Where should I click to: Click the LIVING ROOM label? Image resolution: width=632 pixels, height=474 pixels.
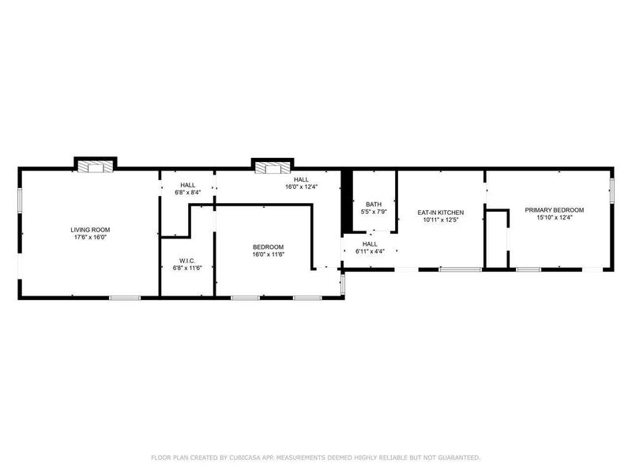click(x=89, y=229)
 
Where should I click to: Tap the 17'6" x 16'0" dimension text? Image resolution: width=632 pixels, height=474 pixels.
click(x=89, y=237)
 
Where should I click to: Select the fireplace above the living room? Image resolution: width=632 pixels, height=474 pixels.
click(x=96, y=167)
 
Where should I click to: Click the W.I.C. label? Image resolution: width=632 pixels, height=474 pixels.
click(x=187, y=261)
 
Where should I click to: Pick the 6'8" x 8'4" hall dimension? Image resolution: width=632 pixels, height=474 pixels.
click(x=187, y=192)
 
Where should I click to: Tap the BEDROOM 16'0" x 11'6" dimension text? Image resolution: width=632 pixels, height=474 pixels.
click(x=268, y=254)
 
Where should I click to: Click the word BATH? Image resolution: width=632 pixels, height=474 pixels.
click(x=373, y=204)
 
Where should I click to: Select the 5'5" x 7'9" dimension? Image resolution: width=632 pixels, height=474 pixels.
click(x=373, y=212)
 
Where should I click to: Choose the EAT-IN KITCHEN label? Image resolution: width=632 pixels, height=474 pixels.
click(x=440, y=213)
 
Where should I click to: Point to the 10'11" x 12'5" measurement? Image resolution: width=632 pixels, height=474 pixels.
click(x=440, y=220)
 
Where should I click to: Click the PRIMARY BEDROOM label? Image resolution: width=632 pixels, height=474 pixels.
click(x=555, y=209)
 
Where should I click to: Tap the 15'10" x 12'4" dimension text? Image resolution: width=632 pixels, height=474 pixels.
click(x=555, y=217)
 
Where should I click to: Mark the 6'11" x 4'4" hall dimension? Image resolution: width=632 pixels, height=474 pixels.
click(x=370, y=251)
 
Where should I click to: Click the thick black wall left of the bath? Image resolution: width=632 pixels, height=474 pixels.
click(x=346, y=201)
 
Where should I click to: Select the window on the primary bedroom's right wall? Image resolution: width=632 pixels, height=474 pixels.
click(x=611, y=191)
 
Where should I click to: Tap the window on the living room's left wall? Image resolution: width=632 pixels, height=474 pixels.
click(x=20, y=200)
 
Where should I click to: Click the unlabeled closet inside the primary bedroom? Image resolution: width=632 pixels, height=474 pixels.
click(x=496, y=239)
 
